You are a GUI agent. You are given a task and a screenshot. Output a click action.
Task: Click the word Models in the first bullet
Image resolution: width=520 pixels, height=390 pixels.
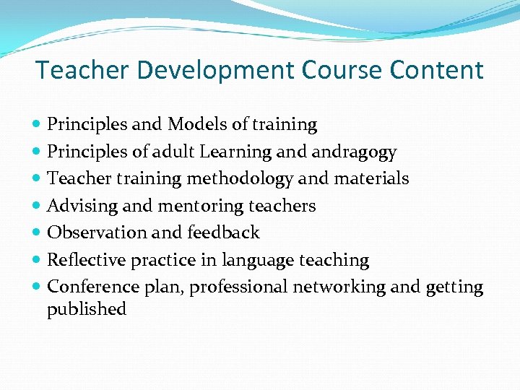(x=196, y=125)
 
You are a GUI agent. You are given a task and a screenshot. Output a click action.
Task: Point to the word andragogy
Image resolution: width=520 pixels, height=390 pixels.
(x=355, y=152)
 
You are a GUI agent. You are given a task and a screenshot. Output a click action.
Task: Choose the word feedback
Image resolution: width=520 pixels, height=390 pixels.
(x=223, y=233)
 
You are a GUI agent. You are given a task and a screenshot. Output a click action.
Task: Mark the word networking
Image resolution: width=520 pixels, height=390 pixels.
(x=339, y=287)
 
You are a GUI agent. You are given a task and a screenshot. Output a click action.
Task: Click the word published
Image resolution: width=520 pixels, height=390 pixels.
(x=87, y=310)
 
